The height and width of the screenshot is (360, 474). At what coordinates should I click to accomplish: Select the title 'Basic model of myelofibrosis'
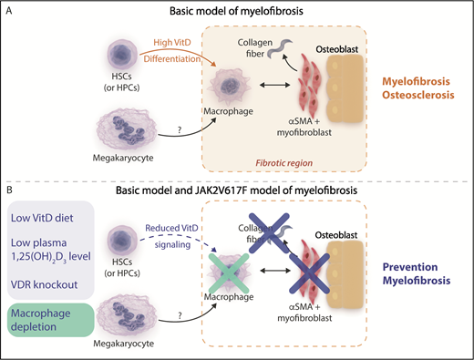(x=234, y=10)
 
